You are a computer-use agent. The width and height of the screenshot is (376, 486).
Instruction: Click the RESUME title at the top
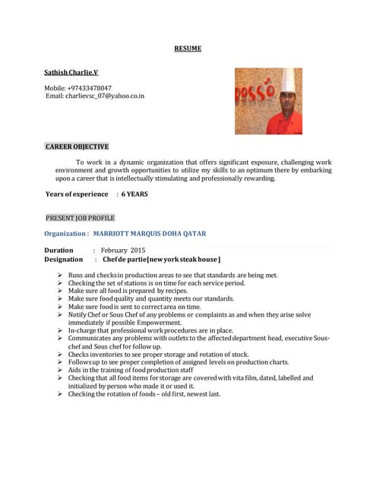click(x=188, y=49)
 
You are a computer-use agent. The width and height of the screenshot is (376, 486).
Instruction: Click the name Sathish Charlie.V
click(x=71, y=72)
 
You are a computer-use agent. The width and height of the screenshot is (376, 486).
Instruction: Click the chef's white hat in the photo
click(x=287, y=80)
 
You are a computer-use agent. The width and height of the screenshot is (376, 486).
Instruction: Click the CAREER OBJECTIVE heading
click(x=77, y=147)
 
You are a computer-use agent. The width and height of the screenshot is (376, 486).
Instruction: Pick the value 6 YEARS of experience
click(x=134, y=194)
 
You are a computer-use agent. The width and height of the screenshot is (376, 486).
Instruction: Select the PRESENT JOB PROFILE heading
click(x=80, y=218)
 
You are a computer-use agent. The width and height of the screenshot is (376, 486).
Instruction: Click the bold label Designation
click(x=64, y=260)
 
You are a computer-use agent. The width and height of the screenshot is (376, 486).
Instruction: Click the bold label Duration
click(x=59, y=250)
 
